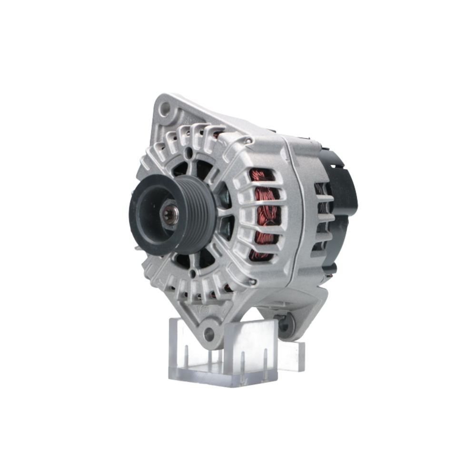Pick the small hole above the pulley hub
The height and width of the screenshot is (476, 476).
[189, 153]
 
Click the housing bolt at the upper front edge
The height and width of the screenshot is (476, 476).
[248, 140]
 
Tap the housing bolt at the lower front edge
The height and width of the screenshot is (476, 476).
[252, 282]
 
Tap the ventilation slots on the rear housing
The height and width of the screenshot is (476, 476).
[321, 214]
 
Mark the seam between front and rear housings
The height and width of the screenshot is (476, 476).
[291, 209]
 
